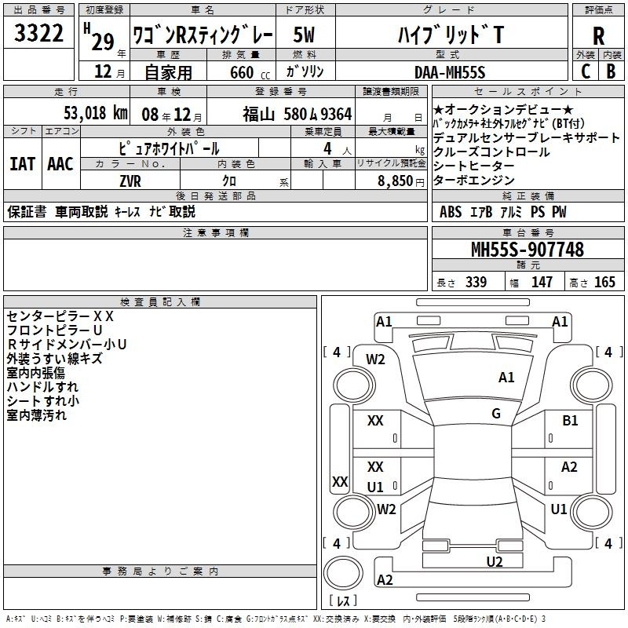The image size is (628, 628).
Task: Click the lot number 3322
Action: tap(38, 33)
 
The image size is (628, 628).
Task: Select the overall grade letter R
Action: tap(598, 36)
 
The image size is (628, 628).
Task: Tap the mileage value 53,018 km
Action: tap(96, 113)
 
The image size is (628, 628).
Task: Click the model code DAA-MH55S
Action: tap(450, 72)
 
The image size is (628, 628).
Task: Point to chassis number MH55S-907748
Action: tap(528, 249)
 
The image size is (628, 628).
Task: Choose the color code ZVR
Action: tap(130, 181)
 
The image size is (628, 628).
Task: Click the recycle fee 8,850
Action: tap(396, 181)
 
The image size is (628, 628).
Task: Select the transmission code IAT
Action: tap(22, 164)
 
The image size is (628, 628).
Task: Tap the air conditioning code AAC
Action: tap(60, 164)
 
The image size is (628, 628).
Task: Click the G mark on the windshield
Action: tap(496, 413)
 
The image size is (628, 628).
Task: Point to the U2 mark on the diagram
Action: tap(495, 561)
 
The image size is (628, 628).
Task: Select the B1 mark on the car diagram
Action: tap(570, 420)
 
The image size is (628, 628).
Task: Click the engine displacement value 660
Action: tap(242, 72)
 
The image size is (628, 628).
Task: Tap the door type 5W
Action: tap(304, 35)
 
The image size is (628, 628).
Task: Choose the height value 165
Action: tap(604, 282)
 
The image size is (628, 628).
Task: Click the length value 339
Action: tap(476, 282)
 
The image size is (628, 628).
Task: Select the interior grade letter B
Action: tap(611, 71)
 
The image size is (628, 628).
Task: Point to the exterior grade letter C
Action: tap(586, 71)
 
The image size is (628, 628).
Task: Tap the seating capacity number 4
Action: tap(327, 148)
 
